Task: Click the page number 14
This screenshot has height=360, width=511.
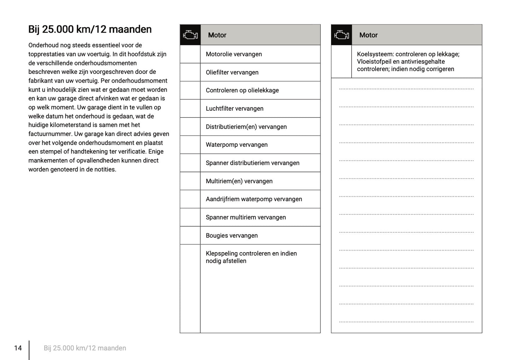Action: point(18,348)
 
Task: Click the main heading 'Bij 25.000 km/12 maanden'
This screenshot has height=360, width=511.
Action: point(90,29)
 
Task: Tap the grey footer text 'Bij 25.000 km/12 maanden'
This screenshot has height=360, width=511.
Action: point(85,348)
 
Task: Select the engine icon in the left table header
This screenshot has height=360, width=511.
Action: point(190,35)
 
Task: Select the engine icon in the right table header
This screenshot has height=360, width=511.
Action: point(342,35)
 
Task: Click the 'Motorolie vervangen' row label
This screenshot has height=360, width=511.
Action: point(234,54)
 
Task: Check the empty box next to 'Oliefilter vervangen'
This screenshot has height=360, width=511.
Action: point(190,72)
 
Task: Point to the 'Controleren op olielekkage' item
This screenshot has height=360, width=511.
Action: point(242,91)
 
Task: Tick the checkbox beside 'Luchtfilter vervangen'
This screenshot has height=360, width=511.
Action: point(190,109)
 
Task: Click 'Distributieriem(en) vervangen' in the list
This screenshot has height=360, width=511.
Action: point(246,127)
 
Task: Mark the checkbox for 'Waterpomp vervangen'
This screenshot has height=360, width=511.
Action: point(190,145)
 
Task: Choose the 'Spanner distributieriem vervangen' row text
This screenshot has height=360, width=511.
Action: point(252,163)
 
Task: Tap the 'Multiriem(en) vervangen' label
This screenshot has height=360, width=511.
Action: point(239,181)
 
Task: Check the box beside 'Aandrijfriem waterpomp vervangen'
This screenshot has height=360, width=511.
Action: point(190,199)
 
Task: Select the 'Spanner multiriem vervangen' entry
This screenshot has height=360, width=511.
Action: point(246,217)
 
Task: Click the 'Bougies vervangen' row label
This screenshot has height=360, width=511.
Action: point(232,236)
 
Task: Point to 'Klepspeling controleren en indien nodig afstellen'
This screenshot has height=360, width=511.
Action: point(251,257)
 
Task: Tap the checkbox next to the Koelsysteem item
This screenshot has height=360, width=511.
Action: point(342,62)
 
